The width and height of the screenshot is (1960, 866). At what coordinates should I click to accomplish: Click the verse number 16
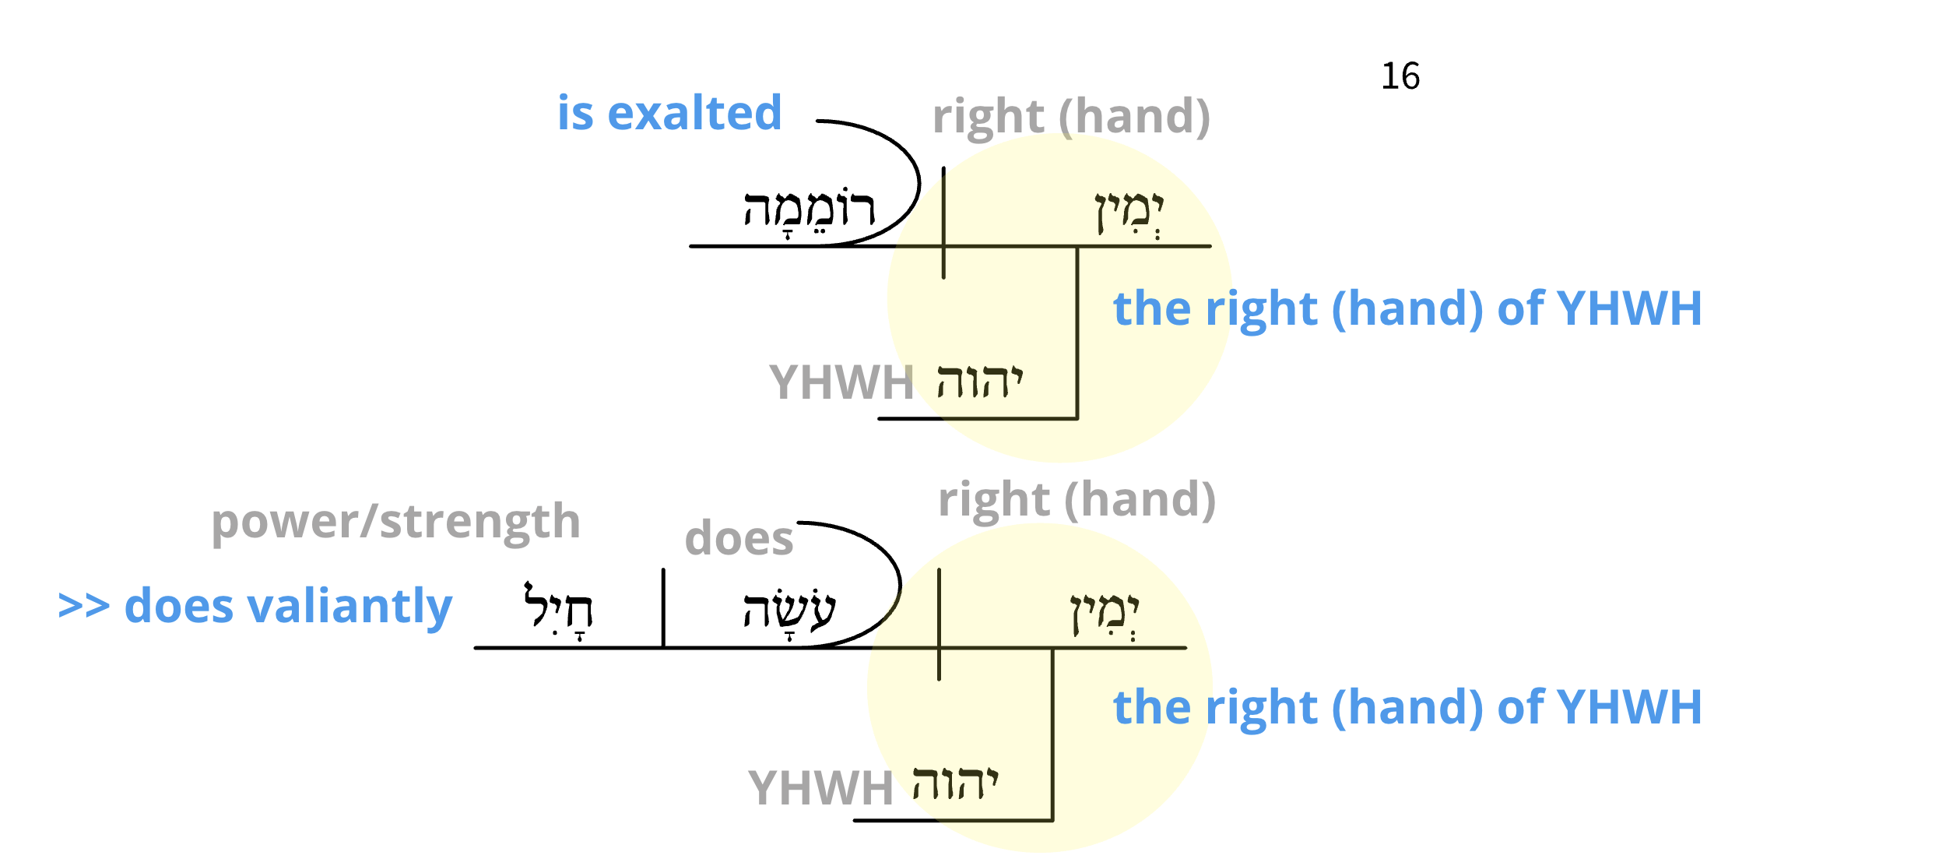pyautogui.click(x=1400, y=76)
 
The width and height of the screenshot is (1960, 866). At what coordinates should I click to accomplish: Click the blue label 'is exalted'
pyautogui.click(x=669, y=113)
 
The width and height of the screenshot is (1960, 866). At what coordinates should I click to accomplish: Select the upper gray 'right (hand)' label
pyautogui.click(x=1071, y=117)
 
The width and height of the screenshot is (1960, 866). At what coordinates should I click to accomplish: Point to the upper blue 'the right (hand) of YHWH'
pyautogui.click(x=1407, y=308)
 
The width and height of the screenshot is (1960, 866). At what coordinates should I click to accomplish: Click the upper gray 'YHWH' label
pyautogui.click(x=841, y=383)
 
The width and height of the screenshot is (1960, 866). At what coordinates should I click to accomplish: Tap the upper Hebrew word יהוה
pyautogui.click(x=979, y=382)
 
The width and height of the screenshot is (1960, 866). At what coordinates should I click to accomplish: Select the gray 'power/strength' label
pyautogui.click(x=396, y=522)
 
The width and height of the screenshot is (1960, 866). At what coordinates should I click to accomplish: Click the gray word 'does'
pyautogui.click(x=739, y=539)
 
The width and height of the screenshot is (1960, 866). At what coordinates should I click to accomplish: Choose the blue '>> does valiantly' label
pyautogui.click(x=255, y=607)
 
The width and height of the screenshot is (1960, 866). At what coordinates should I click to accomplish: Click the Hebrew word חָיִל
pyautogui.click(x=558, y=608)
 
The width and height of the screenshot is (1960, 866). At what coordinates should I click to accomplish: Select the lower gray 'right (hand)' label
pyautogui.click(x=1077, y=500)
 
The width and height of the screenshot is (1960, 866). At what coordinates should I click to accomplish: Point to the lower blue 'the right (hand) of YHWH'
pyautogui.click(x=1407, y=707)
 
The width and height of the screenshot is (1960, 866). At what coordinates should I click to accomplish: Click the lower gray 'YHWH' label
pyautogui.click(x=820, y=788)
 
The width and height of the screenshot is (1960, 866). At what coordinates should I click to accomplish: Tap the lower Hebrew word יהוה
pyautogui.click(x=955, y=783)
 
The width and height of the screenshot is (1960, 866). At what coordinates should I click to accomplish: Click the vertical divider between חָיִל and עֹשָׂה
pyautogui.click(x=663, y=607)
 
